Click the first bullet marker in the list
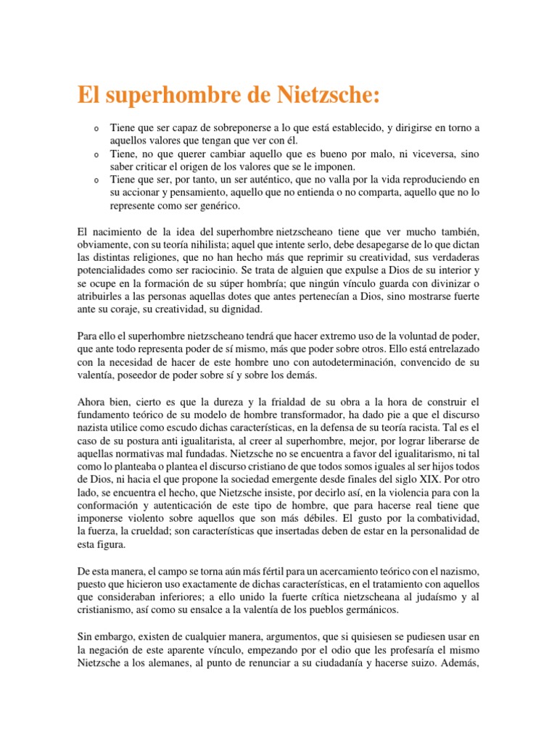(x=96, y=129)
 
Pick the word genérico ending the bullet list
(x=215, y=205)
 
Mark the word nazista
(x=97, y=428)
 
